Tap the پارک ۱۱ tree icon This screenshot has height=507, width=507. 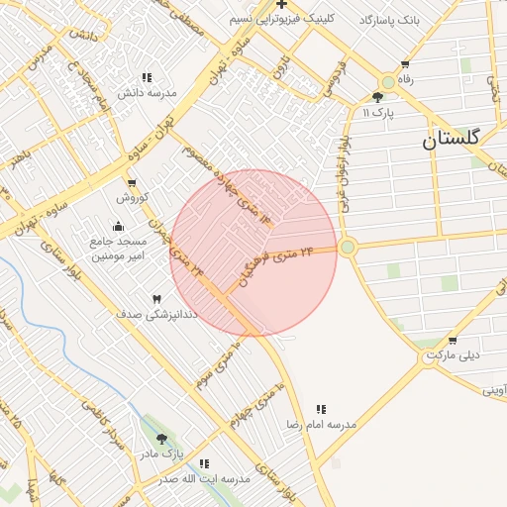pyautogui.click(x=377, y=97)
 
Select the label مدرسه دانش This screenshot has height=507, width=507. pyautogui.click(x=147, y=93)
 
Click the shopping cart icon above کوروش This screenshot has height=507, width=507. pyautogui.click(x=132, y=183)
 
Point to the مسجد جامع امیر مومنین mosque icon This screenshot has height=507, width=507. pyautogui.click(x=119, y=227)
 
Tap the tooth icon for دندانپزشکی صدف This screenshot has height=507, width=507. pyautogui.click(x=155, y=298)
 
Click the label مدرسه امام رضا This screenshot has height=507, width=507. pyautogui.click(x=321, y=423)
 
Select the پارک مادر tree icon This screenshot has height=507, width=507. pyautogui.click(x=162, y=439)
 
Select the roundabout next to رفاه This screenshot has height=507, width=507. pyautogui.click(x=387, y=83)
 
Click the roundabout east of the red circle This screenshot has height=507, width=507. pyautogui.click(x=348, y=247)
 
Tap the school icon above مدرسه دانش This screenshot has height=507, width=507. pyautogui.click(x=147, y=77)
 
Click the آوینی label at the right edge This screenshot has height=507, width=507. pyautogui.click(x=493, y=390)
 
